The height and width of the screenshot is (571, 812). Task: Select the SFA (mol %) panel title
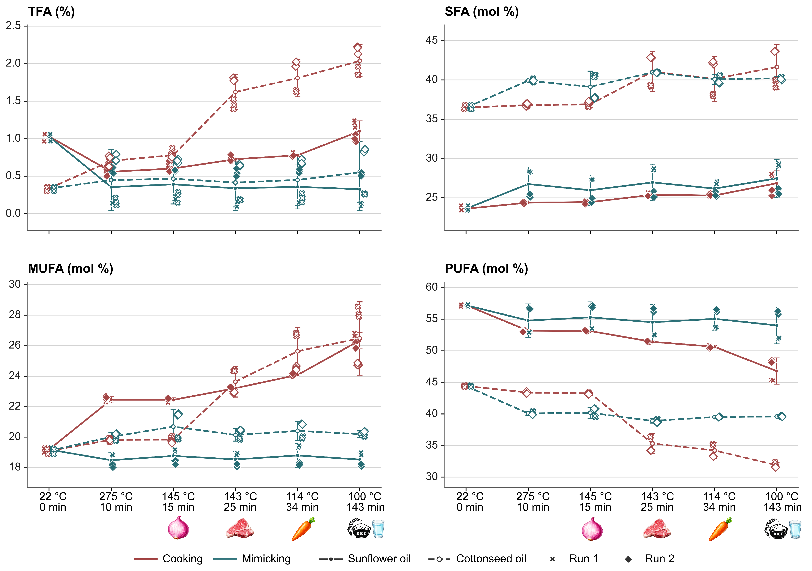482,12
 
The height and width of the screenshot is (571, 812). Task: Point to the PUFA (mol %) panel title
486,269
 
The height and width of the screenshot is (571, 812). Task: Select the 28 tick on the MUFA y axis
15,315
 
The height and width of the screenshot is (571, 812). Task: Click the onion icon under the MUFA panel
178,527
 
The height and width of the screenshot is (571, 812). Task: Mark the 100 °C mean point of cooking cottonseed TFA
360,61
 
